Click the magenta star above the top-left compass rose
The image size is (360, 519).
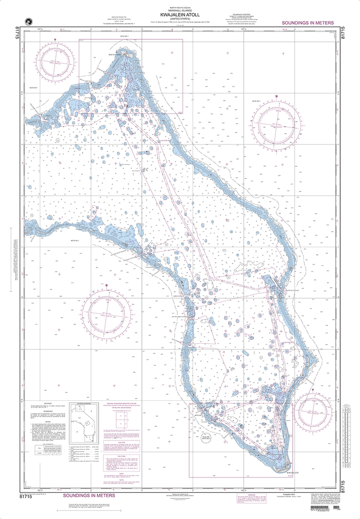pyautogui.click(x=55, y=40)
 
